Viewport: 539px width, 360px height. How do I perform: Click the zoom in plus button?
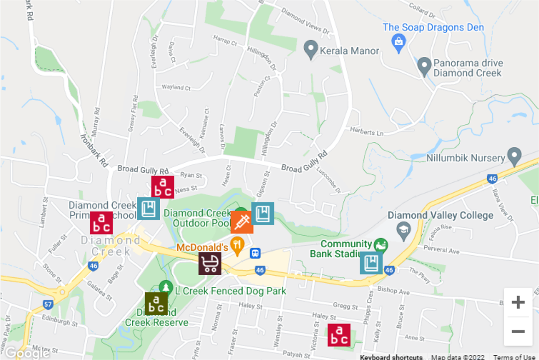click(518, 302)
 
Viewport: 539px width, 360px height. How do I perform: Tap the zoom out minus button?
click(518, 332)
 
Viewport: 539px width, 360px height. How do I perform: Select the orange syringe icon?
click(242, 222)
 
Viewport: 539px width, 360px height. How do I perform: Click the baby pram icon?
click(210, 264)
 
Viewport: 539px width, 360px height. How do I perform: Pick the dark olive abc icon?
click(156, 304)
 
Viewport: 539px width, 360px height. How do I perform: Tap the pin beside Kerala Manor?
click(311, 50)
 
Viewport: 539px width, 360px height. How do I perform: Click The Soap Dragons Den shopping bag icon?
click(399, 43)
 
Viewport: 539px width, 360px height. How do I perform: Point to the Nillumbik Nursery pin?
click(514, 156)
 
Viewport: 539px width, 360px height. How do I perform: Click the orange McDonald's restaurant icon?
click(238, 246)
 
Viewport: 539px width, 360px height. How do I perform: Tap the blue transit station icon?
click(256, 253)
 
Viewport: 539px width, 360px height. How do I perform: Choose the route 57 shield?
click(48, 304)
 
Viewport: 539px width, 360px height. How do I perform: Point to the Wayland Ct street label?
click(176, 88)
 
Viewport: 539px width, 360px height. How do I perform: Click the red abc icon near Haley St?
click(339, 335)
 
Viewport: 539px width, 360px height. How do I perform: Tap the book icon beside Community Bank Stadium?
click(371, 263)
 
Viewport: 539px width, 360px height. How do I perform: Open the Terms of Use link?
click(514, 357)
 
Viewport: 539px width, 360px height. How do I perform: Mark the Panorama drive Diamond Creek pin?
click(424, 66)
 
